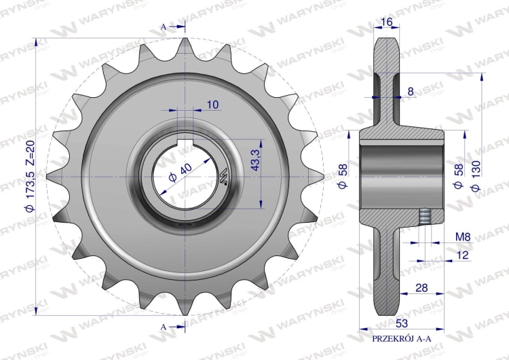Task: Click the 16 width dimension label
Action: (387, 22)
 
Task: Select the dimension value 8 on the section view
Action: (411, 92)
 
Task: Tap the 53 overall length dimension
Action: (402, 323)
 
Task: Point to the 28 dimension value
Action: (421, 288)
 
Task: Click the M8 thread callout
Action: (463, 236)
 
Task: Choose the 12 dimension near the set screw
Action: (463, 255)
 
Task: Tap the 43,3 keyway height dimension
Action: (255, 160)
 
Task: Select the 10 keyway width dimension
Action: (212, 105)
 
